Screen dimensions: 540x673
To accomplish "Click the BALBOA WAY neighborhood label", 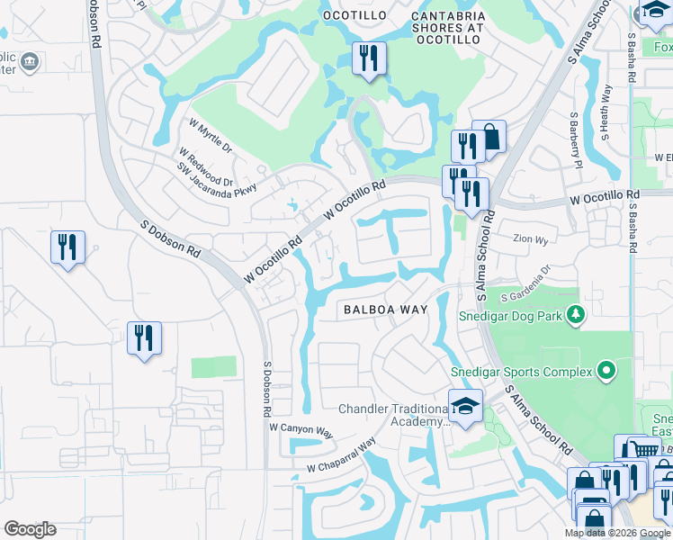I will point(384,309).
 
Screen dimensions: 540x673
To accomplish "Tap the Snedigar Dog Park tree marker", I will point(576,315).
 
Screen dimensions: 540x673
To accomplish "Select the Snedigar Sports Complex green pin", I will point(606,371).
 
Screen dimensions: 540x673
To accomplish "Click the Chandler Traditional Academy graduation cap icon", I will point(465,406).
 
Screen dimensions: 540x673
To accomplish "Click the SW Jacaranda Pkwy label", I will point(216,180).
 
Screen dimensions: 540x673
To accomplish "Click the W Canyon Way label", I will point(301,431).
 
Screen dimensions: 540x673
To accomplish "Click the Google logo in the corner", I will point(30,529).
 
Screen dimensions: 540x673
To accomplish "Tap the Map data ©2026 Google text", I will point(617,533).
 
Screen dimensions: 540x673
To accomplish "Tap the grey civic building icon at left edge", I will point(29,62).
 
